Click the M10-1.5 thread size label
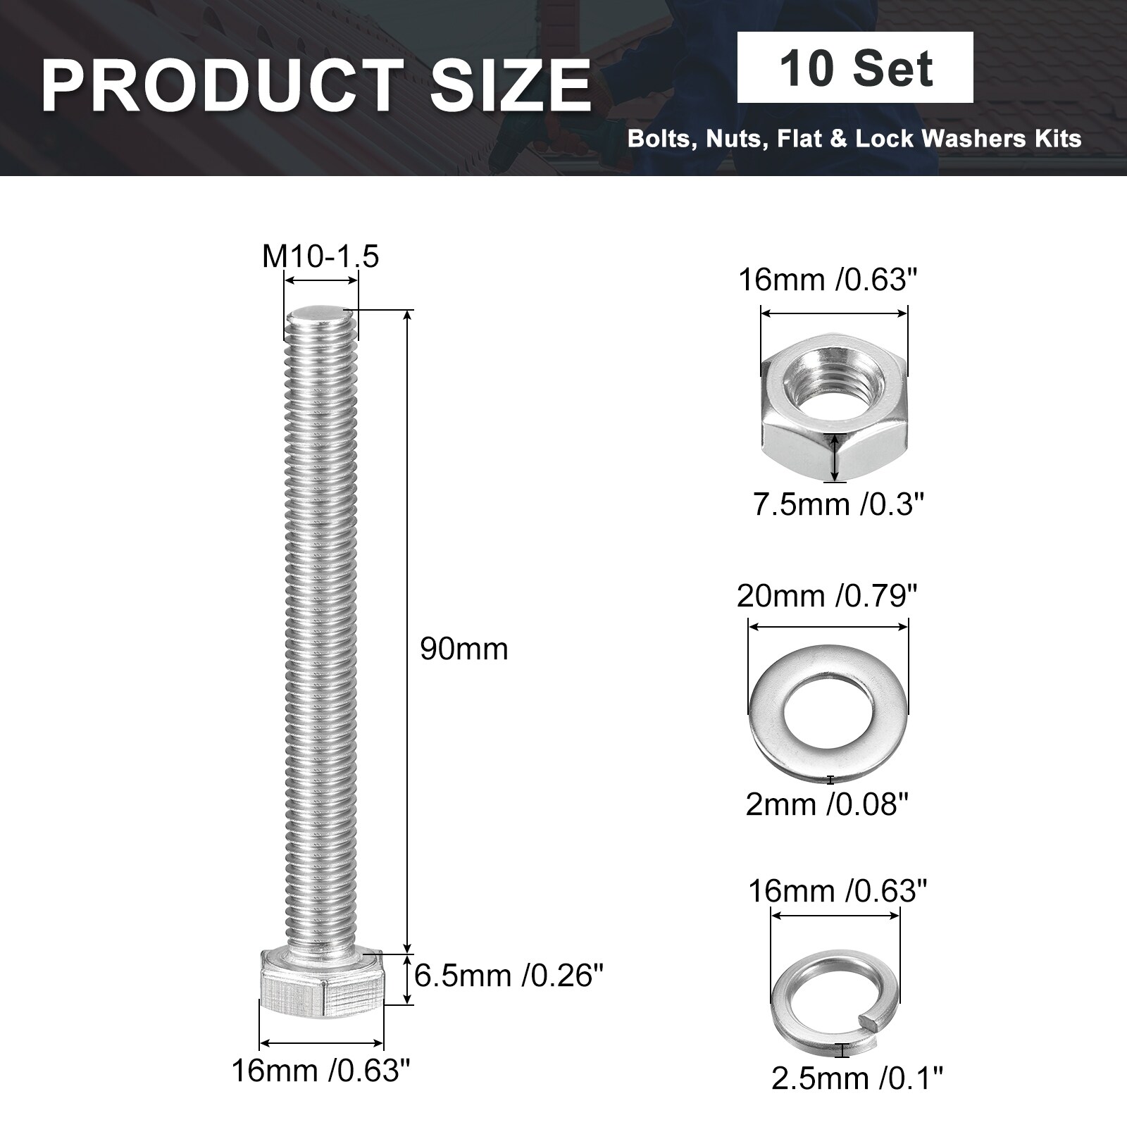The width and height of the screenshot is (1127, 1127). coord(320,256)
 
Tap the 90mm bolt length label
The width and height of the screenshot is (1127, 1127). coord(464,649)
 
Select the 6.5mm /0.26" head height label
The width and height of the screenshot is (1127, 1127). coord(509,976)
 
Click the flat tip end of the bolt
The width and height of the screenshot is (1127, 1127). coord(321,312)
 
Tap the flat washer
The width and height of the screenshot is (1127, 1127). coord(828,711)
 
